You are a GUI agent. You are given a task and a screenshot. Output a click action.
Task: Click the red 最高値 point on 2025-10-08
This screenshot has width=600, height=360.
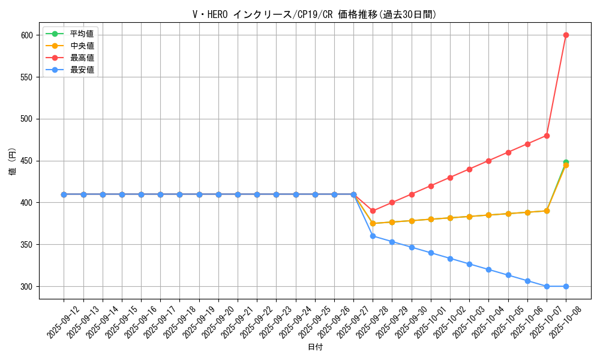pos(566,35)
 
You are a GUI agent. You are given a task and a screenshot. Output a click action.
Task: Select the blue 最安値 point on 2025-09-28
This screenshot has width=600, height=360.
pos(373,236)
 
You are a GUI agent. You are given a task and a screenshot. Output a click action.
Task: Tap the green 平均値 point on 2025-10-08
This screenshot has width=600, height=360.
pos(566,162)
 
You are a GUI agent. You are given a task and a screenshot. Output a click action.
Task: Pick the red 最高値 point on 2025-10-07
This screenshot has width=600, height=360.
pos(547,136)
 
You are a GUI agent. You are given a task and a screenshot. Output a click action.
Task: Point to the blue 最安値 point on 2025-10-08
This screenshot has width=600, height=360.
pos(566,286)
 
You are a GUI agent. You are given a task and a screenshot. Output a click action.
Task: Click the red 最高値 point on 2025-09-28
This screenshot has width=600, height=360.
pos(373,211)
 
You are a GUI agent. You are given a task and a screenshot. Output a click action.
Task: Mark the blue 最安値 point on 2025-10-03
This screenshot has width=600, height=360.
pos(469,264)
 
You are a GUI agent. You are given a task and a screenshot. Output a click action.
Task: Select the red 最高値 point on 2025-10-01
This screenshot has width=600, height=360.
pos(431,186)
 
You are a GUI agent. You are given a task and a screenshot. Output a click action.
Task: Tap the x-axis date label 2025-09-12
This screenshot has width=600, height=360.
pos(64,323)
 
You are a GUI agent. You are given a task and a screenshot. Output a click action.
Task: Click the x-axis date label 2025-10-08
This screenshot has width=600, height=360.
pos(566,323)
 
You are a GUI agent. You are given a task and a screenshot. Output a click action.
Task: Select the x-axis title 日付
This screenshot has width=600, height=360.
pos(315,347)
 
